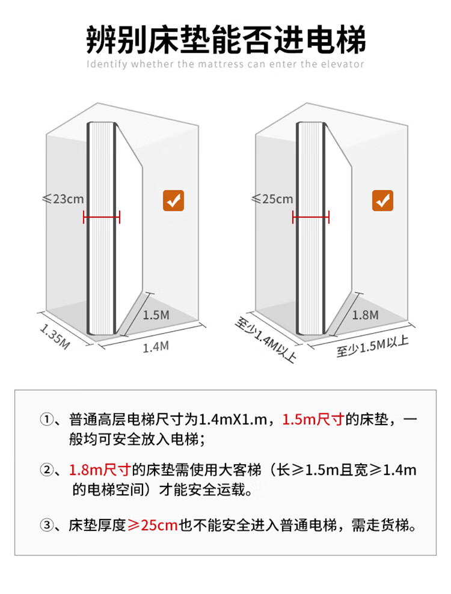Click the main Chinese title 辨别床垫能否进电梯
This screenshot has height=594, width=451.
click(226, 39)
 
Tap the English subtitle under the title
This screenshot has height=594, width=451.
click(226, 64)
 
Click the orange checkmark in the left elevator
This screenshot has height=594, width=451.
click(174, 201)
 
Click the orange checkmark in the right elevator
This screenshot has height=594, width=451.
click(382, 201)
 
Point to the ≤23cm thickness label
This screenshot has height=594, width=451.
click(63, 198)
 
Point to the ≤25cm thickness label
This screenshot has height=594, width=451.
click(272, 198)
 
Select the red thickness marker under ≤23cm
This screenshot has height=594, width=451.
click(102, 217)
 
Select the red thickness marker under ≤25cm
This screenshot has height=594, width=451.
click(311, 217)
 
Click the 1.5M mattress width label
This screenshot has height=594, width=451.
click(156, 314)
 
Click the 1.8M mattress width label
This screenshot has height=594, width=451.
click(365, 314)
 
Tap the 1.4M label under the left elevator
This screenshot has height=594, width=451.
click(155, 346)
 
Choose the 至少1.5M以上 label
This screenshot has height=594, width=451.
click(373, 347)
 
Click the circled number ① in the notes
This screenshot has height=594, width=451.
click(47, 420)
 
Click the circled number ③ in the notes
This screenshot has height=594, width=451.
click(47, 525)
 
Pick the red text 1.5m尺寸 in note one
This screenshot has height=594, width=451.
click(313, 420)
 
